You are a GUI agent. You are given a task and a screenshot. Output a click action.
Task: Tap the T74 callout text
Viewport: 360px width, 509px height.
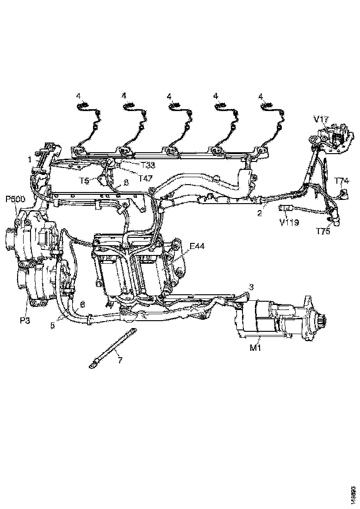pos(342,180)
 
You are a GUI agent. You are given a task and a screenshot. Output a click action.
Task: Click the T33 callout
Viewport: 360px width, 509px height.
pos(148,164)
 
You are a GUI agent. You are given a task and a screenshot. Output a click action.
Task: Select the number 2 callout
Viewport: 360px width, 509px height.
pos(260,213)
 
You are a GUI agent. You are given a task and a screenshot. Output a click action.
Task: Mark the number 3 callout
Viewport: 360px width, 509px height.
pos(251,287)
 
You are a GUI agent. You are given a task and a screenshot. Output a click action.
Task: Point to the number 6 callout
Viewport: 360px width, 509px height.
pos(82,304)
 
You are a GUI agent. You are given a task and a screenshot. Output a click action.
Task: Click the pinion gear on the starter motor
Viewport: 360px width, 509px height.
pos(321,320)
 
